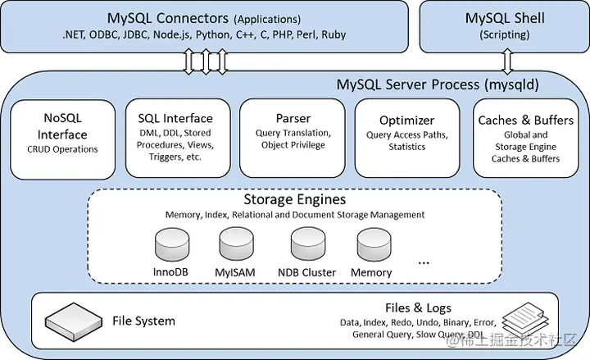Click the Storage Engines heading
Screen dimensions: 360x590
[293, 200]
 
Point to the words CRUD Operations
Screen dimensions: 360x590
[63, 149]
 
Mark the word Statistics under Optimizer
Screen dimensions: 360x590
[406, 147]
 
